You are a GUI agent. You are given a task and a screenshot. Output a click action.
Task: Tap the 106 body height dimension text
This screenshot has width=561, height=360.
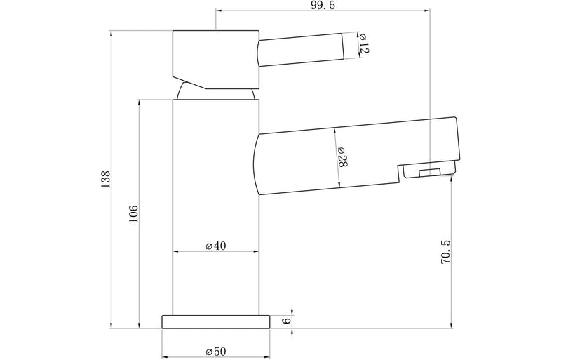133,213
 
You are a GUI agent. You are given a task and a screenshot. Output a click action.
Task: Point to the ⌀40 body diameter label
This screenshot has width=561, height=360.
215,246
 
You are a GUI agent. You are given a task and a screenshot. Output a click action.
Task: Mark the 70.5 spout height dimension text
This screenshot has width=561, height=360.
443,252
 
